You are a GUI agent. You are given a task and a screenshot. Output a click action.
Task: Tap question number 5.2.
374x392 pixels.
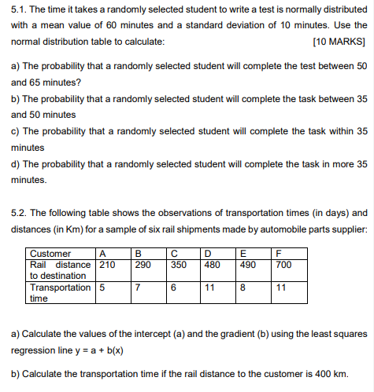click(19, 213)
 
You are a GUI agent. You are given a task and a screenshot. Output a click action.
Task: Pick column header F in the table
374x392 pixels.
click(280, 254)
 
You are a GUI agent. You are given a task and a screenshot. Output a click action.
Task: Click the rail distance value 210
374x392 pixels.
click(107, 265)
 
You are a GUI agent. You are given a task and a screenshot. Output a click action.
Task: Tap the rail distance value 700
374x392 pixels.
click(284, 265)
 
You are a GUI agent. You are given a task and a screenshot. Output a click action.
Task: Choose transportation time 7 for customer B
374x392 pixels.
click(138, 288)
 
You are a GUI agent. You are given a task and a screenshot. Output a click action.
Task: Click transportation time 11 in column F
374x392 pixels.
click(282, 288)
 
